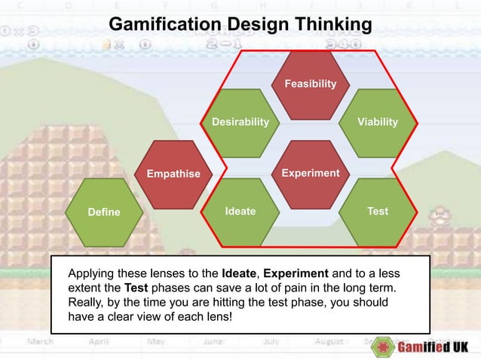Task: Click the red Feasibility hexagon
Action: [x=310, y=84]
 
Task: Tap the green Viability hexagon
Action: [x=378, y=121]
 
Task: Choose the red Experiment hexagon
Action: [x=310, y=173]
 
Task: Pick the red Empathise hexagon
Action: [x=173, y=174]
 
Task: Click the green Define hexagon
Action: [x=103, y=212]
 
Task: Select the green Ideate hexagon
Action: [x=240, y=211]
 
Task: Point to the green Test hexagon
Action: [x=378, y=211]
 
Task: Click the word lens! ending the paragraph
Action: [x=214, y=317]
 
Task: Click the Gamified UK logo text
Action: [x=433, y=347]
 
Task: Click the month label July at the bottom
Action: [x=272, y=342]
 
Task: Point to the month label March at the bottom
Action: [x=41, y=342]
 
